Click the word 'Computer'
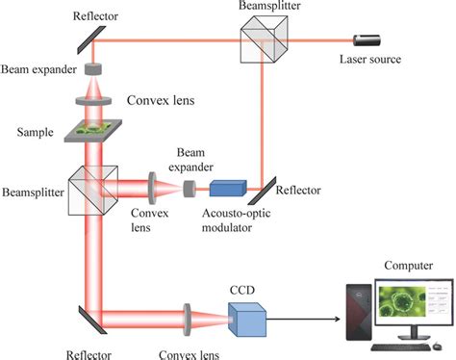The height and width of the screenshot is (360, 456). click(407, 265)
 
